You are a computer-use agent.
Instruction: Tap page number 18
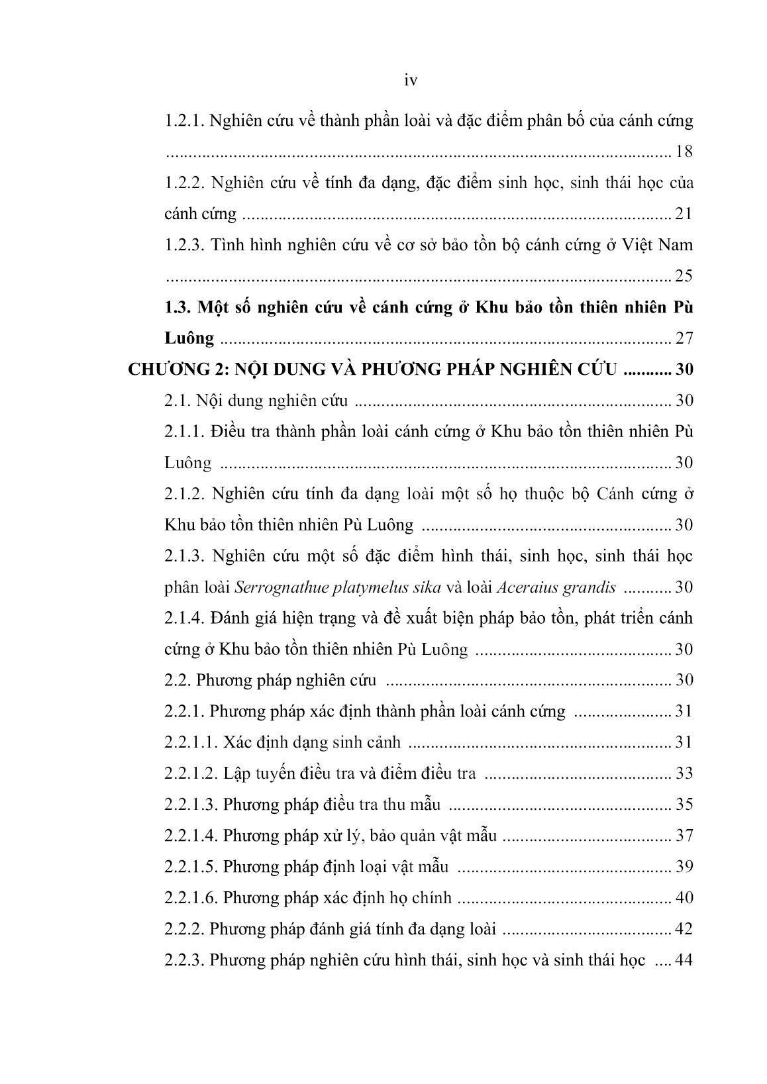[x=684, y=152]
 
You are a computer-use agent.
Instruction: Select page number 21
[x=684, y=214]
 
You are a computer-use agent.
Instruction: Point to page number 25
[x=684, y=275]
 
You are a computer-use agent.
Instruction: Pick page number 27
[x=684, y=338]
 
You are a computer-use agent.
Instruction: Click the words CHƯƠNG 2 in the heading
[x=174, y=370]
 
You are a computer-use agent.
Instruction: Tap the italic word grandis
[x=590, y=587]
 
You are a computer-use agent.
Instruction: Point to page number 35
[x=684, y=805]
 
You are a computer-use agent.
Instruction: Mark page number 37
[x=684, y=836]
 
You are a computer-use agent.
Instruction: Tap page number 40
[x=684, y=898]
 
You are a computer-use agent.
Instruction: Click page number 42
[x=684, y=929]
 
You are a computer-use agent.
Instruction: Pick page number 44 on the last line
[x=684, y=960]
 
